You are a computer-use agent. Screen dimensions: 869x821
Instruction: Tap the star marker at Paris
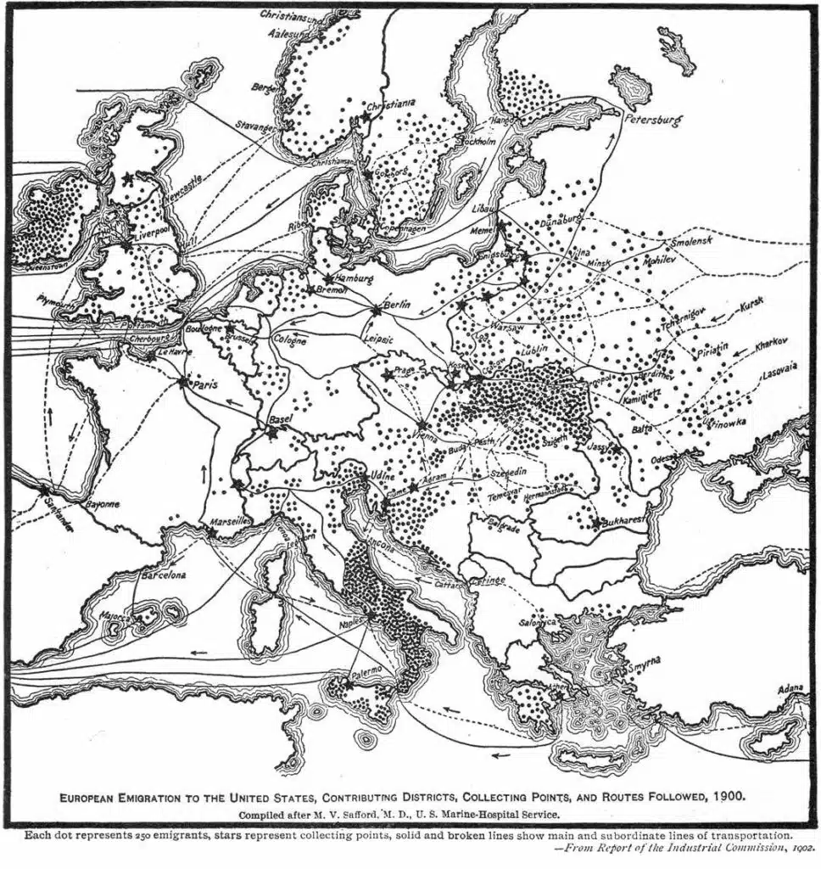(x=182, y=383)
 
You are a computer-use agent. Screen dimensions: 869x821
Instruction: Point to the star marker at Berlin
(x=377, y=310)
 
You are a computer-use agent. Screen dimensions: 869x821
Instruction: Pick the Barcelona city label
(x=164, y=575)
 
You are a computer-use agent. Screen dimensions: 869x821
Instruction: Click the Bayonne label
(x=100, y=504)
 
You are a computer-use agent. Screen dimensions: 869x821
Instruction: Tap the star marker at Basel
(x=271, y=431)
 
